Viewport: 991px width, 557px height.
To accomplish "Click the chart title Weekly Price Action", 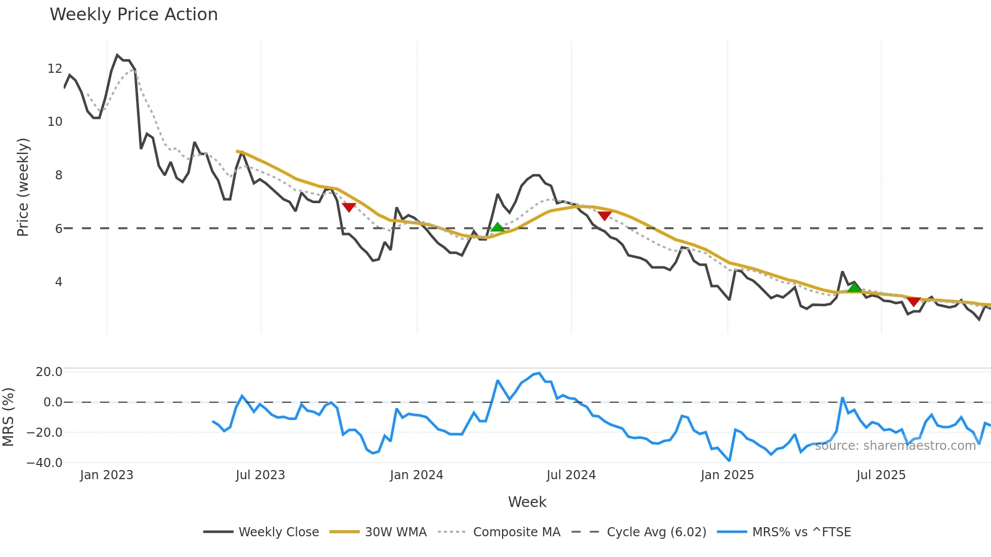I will pyautogui.click(x=133, y=15).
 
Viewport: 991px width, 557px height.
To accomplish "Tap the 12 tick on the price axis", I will pyautogui.click(x=55, y=69).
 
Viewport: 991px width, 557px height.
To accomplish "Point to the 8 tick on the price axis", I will pyautogui.click(x=59, y=175).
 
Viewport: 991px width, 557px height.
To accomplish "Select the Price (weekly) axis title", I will pyautogui.click(x=23, y=187).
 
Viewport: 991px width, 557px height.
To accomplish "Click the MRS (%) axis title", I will pyautogui.click(x=9, y=417).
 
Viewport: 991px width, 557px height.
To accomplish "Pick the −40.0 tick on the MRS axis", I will pyautogui.click(x=44, y=463).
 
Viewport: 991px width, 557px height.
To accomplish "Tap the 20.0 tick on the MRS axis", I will pyautogui.click(x=49, y=372).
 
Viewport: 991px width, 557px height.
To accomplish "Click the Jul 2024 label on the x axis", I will pyautogui.click(x=571, y=475).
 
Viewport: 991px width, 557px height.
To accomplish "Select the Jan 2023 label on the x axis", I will pyautogui.click(x=106, y=475).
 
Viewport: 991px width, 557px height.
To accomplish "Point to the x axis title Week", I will pyautogui.click(x=527, y=502).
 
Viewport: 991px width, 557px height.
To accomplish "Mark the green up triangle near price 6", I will pyautogui.click(x=498, y=227).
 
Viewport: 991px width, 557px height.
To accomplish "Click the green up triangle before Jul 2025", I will pyautogui.click(x=854, y=288).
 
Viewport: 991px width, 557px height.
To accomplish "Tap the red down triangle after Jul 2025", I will pyautogui.click(x=914, y=302).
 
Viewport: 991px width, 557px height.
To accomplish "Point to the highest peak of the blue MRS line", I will pyautogui.click(x=539, y=374).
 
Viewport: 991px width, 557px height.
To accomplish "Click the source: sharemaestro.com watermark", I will pyautogui.click(x=895, y=446).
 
